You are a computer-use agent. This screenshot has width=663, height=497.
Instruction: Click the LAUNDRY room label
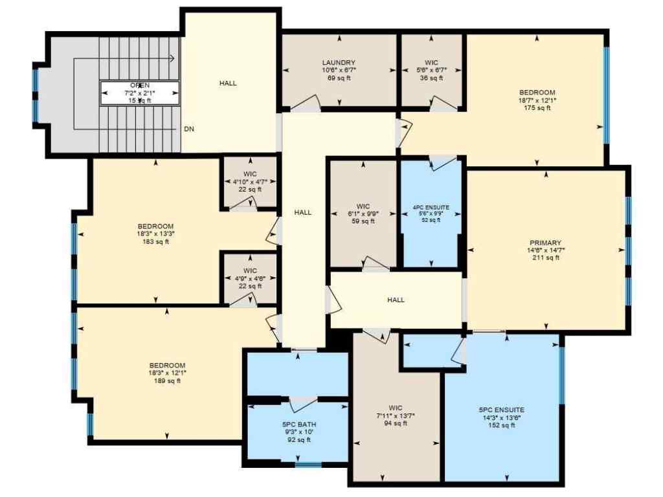pos(339,62)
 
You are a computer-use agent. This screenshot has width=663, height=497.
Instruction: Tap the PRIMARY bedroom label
pos(544,243)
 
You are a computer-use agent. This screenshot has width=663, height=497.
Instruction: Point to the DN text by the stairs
pos(189,129)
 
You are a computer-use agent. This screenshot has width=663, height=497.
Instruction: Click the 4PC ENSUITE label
pos(431,208)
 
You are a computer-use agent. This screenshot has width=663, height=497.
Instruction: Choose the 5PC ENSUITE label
pos(501,410)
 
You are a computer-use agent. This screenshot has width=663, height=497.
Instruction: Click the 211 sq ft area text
pos(544,258)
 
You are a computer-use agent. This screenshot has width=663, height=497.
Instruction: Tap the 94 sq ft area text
pos(395,423)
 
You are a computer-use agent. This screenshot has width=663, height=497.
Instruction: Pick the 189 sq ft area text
pos(167,381)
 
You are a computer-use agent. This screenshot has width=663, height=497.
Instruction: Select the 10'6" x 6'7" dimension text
pos(339,70)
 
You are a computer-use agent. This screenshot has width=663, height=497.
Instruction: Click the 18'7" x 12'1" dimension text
pos(537,100)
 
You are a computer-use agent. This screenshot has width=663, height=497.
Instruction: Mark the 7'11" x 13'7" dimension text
pos(395,415)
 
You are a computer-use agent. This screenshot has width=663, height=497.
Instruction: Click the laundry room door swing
pos(306,103)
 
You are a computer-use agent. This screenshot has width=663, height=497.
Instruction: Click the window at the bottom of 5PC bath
pos(308,463)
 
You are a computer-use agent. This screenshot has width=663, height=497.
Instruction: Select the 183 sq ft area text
pos(155,242)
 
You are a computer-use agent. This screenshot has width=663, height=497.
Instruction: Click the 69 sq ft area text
pos(339,78)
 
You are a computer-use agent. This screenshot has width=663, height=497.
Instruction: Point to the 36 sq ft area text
pos(432,78)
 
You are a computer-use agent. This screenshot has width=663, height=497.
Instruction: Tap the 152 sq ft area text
pos(501,425)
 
